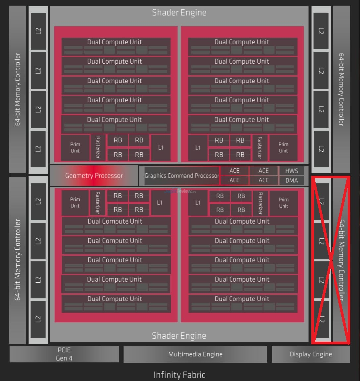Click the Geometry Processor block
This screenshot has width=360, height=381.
point(94,176)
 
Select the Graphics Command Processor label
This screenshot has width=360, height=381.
point(182,176)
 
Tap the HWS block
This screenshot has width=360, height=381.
point(292,171)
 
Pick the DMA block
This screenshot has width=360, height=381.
point(292,180)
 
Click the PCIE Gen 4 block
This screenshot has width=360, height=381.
point(64,354)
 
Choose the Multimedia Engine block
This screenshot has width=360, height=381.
point(195,354)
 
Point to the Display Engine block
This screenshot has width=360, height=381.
point(311,354)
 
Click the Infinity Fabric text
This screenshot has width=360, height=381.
point(179,375)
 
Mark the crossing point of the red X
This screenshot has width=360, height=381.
point(331,260)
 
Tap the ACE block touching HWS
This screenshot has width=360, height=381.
point(264,171)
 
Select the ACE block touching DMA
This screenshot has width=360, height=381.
point(264,180)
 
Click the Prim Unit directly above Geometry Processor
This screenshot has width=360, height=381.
point(75,148)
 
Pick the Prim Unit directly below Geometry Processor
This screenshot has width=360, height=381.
point(75,203)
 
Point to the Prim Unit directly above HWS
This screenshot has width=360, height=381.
point(283,148)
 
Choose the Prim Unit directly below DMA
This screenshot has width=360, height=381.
point(283,203)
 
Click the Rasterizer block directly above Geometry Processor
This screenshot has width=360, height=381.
point(98,147)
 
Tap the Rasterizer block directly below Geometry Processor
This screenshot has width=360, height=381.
point(98,203)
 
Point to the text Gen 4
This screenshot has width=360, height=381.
point(64,358)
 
